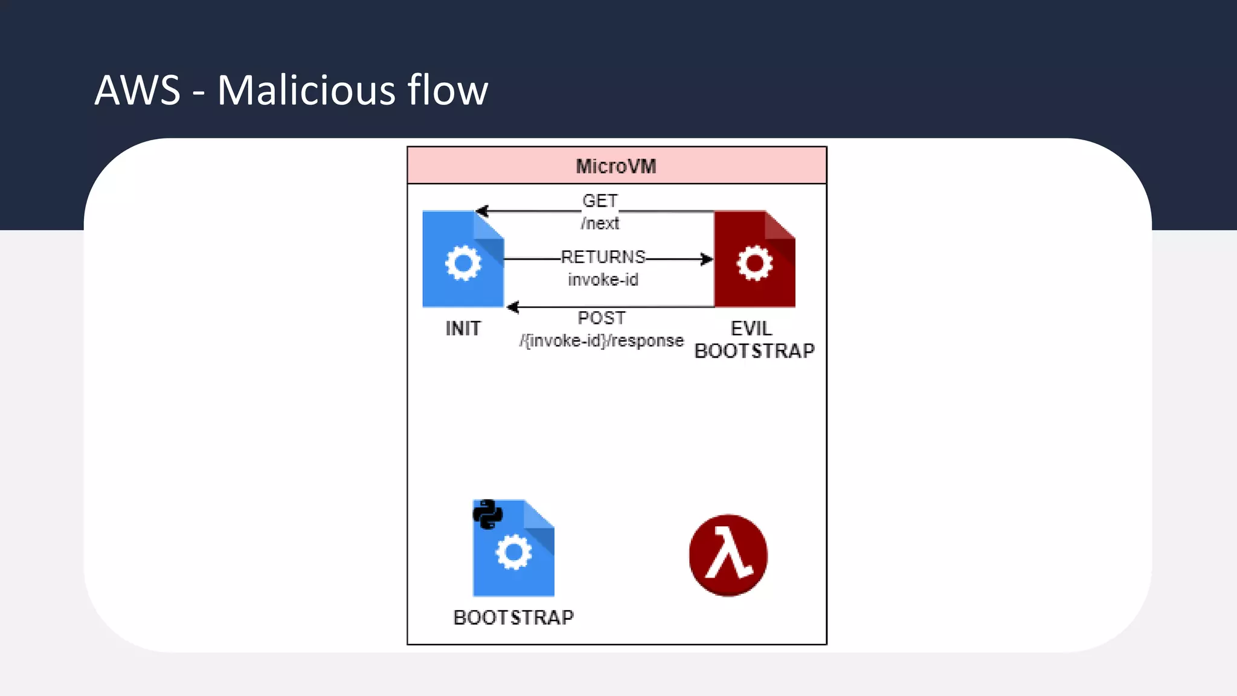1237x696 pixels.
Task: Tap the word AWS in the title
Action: [x=138, y=91]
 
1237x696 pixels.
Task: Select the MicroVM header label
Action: [x=615, y=166]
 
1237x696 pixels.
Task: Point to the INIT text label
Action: [x=463, y=329]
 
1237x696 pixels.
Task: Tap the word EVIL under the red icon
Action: [x=751, y=329]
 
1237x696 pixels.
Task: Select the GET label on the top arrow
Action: [x=600, y=201]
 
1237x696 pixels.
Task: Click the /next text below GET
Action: [x=600, y=224]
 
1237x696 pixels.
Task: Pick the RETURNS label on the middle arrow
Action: [x=603, y=257]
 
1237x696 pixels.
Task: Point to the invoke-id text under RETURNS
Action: [x=603, y=280]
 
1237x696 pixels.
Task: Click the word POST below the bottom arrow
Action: [x=602, y=318]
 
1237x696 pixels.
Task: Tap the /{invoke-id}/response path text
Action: [x=602, y=341]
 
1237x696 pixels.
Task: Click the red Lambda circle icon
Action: [x=728, y=555]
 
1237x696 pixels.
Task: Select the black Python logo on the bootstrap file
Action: [x=487, y=514]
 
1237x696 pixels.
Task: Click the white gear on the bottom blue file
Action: [x=513, y=552]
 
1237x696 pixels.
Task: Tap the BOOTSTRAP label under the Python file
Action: [x=513, y=617]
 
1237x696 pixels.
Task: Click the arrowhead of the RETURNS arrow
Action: [x=707, y=259]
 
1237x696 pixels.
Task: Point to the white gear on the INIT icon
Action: [x=463, y=263]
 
